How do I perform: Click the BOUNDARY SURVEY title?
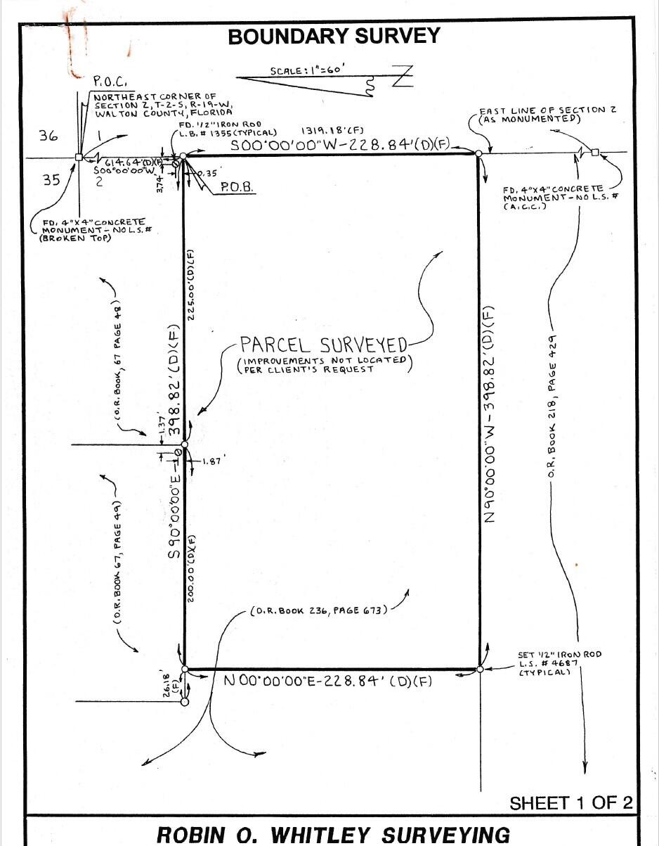[334, 37]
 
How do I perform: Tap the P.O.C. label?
[110, 80]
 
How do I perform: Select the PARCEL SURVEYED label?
[323, 345]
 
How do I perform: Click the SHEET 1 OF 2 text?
[570, 802]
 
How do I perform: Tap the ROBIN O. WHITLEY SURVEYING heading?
[333, 834]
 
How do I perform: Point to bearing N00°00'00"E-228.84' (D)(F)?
[327, 681]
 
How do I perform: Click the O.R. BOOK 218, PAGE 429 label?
[553, 402]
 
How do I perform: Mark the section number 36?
[48, 136]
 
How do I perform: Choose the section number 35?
[51, 180]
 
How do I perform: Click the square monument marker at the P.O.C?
[78, 158]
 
